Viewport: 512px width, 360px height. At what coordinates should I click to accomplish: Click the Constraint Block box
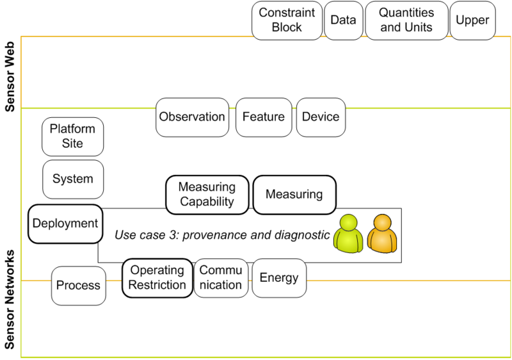coord(286,20)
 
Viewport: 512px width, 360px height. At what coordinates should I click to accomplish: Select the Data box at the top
coord(343,20)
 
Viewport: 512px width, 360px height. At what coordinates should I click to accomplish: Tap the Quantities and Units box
coord(406,20)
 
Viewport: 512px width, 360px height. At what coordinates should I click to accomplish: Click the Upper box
coord(472,20)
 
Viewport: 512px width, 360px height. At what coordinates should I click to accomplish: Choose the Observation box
coord(192,117)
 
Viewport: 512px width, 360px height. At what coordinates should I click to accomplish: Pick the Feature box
coord(264,117)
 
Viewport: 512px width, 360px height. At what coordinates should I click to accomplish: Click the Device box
coord(321,117)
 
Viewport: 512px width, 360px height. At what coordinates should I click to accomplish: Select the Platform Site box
coord(72,136)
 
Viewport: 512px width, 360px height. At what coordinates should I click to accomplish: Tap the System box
coord(72,179)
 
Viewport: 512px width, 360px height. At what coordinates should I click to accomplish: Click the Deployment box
coord(65,224)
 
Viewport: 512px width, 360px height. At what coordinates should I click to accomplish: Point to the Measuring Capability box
coord(207,195)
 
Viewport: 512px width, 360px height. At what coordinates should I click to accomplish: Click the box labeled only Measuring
coord(294,195)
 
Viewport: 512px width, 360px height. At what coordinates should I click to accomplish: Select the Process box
coord(78,286)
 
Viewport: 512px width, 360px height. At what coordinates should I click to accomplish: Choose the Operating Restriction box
coord(157,278)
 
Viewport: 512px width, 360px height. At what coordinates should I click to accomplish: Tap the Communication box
coord(221,278)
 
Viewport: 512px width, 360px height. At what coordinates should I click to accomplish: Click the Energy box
coord(279,278)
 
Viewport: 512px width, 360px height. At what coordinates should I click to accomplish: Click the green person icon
coord(349,233)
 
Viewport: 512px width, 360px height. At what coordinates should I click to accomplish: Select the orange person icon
coord(382,233)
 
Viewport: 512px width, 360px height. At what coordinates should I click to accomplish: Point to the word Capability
coord(207,202)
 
